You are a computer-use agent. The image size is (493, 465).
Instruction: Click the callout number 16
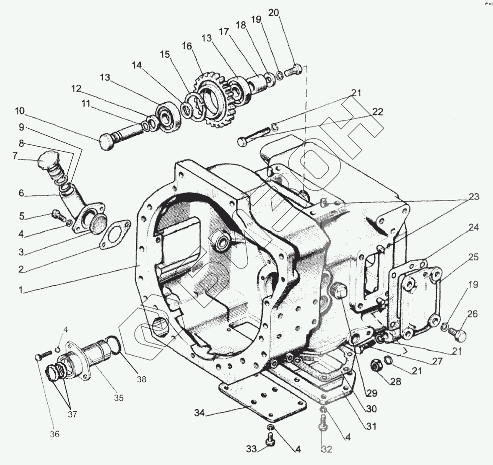(186, 45)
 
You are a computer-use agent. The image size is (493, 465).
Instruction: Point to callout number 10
(20, 111)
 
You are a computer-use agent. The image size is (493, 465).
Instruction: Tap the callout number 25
(473, 257)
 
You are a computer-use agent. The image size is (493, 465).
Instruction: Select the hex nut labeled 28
(376, 365)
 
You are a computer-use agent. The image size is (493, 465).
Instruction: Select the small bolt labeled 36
(39, 357)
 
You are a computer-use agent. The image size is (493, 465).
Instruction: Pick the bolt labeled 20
(293, 71)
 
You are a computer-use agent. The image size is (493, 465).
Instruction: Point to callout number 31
(371, 426)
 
